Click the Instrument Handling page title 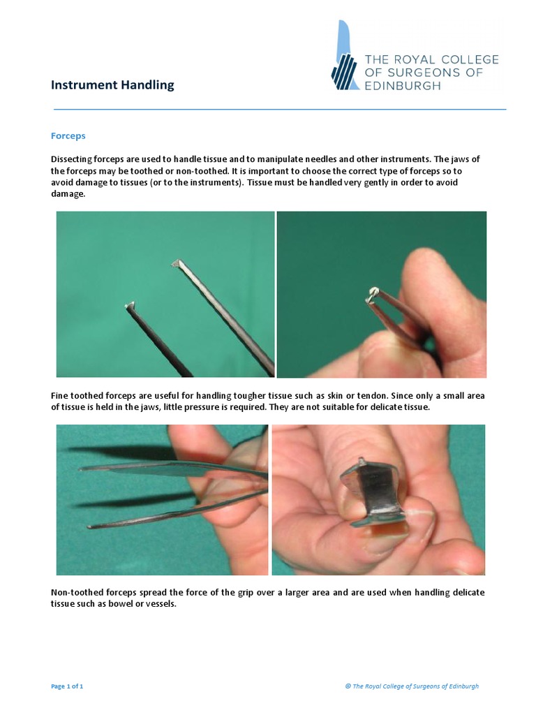(112, 85)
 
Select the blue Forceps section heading (68, 135)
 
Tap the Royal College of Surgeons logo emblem (344, 57)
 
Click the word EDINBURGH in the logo (403, 86)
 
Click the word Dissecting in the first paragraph (72, 159)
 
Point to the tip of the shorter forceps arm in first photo (129, 305)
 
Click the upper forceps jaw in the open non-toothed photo (140, 469)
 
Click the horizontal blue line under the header (279, 110)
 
